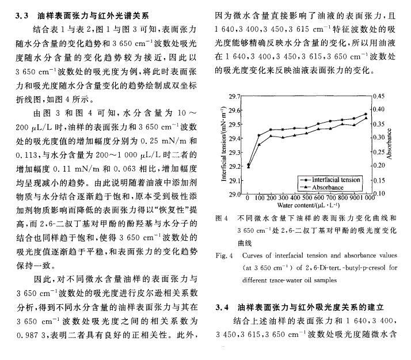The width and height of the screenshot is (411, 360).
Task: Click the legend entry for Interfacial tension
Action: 337,180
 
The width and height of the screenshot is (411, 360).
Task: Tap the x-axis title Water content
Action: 307,204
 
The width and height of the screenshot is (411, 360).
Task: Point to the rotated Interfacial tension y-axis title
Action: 223,144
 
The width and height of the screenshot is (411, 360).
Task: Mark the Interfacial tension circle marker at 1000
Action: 366,113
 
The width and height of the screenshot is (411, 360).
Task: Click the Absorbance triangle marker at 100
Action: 260,144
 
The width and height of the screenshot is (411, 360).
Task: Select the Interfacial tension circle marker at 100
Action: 260,135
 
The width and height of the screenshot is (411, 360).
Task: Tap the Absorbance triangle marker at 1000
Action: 366,118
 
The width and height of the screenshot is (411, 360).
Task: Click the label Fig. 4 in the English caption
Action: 223,255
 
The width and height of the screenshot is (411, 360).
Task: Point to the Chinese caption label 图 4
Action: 221,219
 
